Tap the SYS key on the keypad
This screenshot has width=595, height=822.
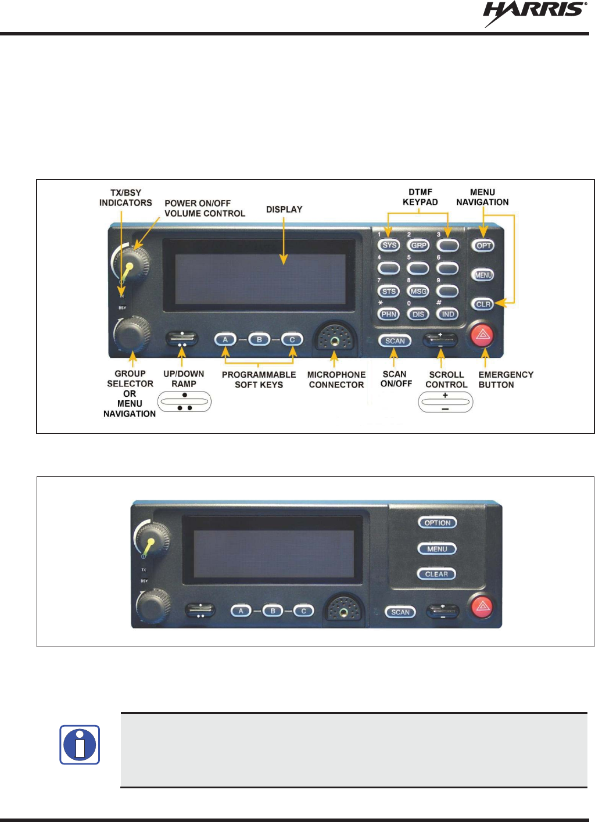point(389,245)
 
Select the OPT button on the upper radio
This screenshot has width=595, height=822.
point(483,246)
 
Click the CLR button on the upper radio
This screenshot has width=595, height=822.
point(483,304)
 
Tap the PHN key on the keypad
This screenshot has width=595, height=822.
point(389,314)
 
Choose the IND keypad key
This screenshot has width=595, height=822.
point(447,314)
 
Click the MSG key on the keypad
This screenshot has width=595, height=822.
point(418,291)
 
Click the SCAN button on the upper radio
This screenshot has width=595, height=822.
point(395,341)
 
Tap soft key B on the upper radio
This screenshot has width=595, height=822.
point(259,339)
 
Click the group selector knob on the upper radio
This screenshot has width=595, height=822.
point(131,333)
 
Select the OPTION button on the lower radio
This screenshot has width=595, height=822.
point(438,523)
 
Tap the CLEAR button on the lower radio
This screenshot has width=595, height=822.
point(436,574)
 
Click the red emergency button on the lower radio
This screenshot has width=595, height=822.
point(482,607)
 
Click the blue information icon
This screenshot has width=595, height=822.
point(80,744)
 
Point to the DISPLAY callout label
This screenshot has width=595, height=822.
point(284,209)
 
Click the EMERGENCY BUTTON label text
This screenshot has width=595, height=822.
point(505,379)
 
